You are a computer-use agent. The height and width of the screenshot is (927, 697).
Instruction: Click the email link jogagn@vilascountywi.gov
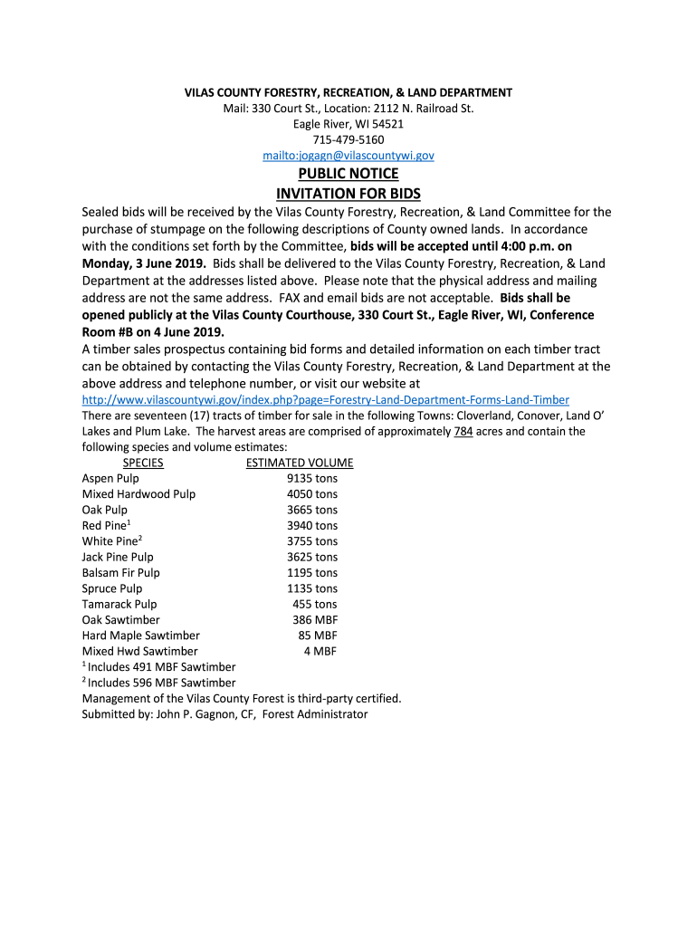348,156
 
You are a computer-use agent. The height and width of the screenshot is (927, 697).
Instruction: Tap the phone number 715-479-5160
348,140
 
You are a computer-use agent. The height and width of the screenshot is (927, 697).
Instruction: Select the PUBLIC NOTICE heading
348,174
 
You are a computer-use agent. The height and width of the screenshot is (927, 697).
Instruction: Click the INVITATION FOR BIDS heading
348,194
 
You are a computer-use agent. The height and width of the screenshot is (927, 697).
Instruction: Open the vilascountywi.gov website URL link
325,400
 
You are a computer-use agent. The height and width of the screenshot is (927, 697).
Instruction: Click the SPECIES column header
143,463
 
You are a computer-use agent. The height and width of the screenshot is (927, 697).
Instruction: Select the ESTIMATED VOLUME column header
300,463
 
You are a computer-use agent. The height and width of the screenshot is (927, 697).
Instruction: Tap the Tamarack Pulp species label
119,604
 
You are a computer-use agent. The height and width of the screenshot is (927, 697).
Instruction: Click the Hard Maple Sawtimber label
140,636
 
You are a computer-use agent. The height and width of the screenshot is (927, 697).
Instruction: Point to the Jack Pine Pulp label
118,557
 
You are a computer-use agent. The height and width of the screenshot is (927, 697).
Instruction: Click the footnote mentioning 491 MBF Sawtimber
161,667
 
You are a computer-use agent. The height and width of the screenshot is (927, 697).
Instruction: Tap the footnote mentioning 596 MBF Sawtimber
161,683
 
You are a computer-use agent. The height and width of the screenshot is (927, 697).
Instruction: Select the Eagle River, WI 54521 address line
348,124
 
